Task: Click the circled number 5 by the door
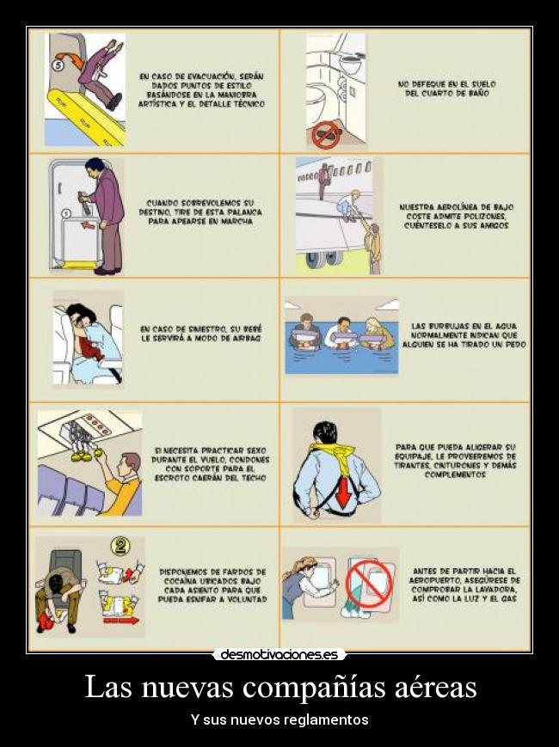click(x=58, y=66)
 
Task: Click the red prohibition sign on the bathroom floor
click(x=326, y=134)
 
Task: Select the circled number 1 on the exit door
click(x=67, y=214)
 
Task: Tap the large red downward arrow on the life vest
click(x=343, y=492)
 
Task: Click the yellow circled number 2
click(x=120, y=546)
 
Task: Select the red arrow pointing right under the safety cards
click(x=121, y=621)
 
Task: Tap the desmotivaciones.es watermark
click(x=279, y=654)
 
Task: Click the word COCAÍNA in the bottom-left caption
click(x=182, y=581)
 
